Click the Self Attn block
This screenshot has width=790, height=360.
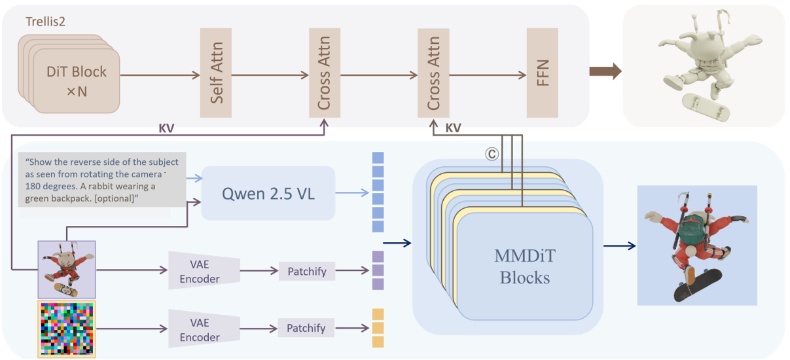216,73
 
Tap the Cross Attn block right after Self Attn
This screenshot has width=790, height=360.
323,73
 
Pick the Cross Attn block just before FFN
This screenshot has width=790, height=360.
433,73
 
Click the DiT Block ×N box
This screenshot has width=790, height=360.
77,81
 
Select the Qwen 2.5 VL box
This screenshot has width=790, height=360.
268,193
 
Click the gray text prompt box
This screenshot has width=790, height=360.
101,179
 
